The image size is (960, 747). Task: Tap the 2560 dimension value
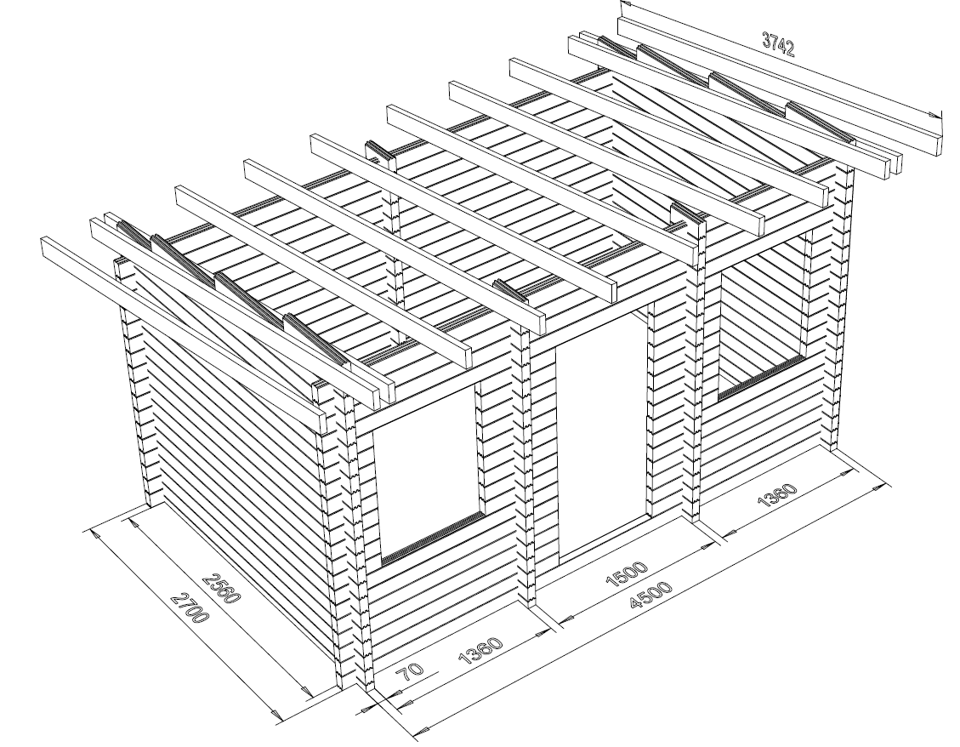[x=219, y=588]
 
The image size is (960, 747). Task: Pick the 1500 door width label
[x=626, y=573]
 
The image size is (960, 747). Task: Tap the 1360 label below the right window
[x=778, y=495]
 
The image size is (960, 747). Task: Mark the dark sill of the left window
[x=432, y=539]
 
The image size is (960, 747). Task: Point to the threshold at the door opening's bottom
[x=603, y=540]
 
